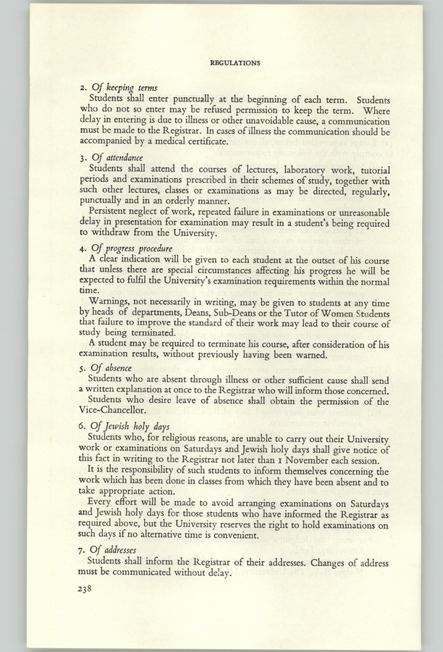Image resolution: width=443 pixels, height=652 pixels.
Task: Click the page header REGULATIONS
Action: pos(235,63)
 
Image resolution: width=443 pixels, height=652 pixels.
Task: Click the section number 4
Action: pos(81,249)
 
